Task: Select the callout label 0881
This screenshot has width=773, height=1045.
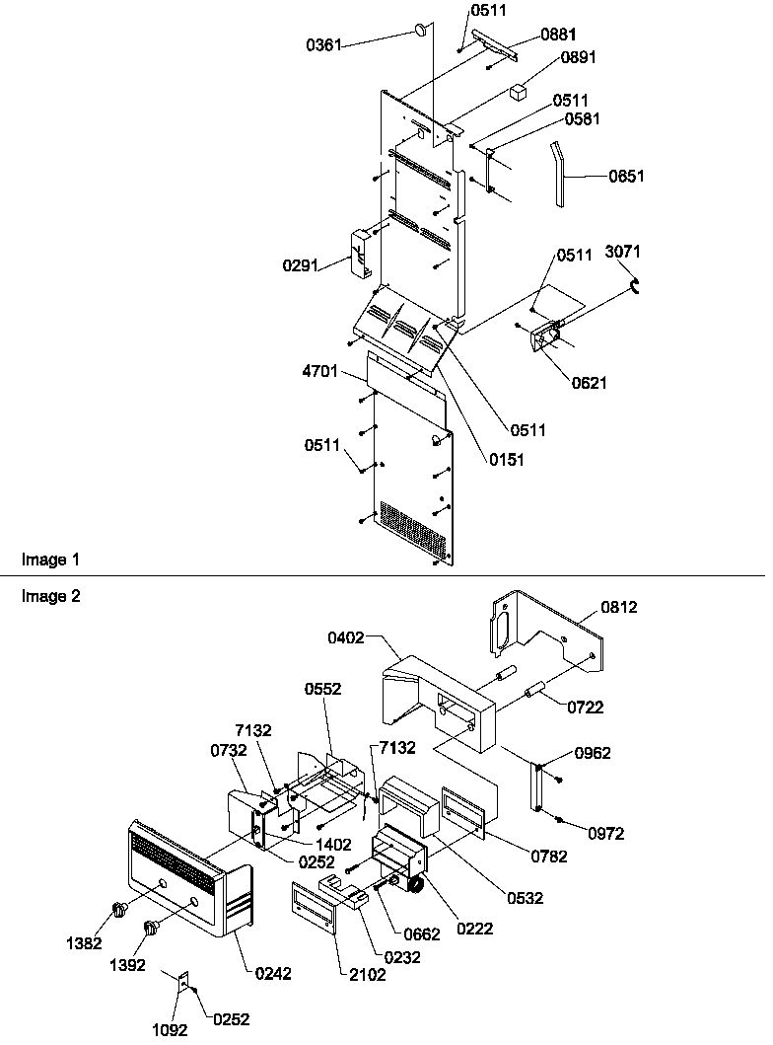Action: click(x=558, y=34)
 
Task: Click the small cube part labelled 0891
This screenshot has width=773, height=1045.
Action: click(x=519, y=93)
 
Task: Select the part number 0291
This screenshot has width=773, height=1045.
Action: click(x=301, y=265)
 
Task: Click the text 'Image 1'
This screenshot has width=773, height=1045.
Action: click(x=50, y=560)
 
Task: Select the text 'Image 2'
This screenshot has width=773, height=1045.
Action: click(x=50, y=596)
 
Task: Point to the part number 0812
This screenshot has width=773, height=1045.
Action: click(x=619, y=607)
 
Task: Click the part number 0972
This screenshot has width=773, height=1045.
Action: click(x=606, y=833)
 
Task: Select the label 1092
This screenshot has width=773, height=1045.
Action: click(x=169, y=1029)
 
